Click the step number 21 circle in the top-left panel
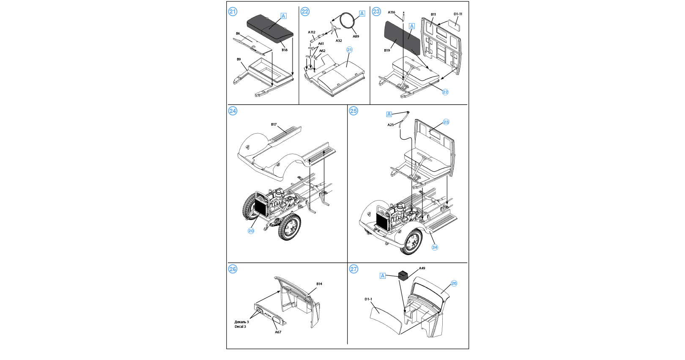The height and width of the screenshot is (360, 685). pyautogui.click(x=233, y=11)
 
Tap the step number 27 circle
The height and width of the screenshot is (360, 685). pyautogui.click(x=353, y=269)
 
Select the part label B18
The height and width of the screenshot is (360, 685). pyautogui.click(x=285, y=50)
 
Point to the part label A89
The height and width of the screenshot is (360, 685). pyautogui.click(x=356, y=36)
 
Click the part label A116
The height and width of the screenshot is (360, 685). pyautogui.click(x=392, y=13)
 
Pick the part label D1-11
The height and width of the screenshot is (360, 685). pyautogui.click(x=458, y=14)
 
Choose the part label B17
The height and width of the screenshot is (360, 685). pyautogui.click(x=274, y=124)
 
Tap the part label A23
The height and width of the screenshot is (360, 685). pyautogui.click(x=391, y=125)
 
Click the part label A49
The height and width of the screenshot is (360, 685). pyautogui.click(x=422, y=268)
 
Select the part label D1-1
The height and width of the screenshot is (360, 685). pyautogui.click(x=368, y=299)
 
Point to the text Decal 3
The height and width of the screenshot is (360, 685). pyautogui.click(x=240, y=327)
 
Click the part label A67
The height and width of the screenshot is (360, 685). pyautogui.click(x=278, y=332)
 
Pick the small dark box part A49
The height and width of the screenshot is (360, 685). pyautogui.click(x=403, y=275)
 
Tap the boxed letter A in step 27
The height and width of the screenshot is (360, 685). pyautogui.click(x=383, y=276)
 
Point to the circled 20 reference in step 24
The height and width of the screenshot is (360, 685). pyautogui.click(x=251, y=231)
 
